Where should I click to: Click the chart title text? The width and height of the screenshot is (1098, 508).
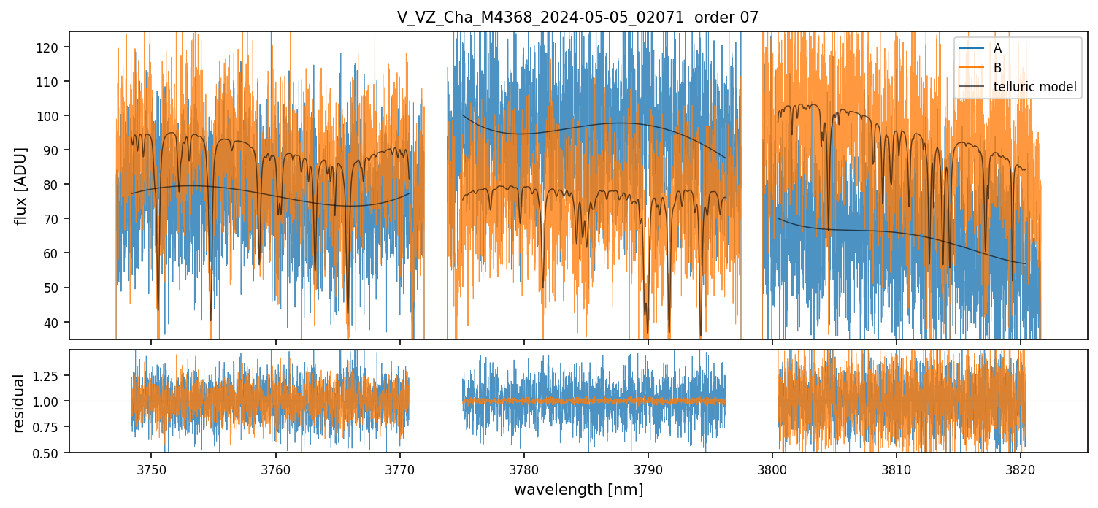click(x=577, y=18)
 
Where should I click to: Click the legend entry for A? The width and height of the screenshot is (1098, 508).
click(x=997, y=49)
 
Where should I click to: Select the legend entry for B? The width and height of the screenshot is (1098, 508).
click(x=997, y=68)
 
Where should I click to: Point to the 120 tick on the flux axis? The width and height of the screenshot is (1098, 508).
click(x=53, y=47)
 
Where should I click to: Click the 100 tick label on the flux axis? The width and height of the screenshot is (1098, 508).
click(x=53, y=116)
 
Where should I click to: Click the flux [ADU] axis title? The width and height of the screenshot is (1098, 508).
click(x=21, y=185)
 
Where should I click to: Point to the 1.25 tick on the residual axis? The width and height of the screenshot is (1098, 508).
click(x=50, y=375)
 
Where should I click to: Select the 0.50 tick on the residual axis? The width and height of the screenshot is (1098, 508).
click(x=50, y=453)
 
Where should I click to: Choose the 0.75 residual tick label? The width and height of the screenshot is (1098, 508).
click(x=50, y=428)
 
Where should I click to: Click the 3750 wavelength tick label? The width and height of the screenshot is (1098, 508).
click(x=152, y=469)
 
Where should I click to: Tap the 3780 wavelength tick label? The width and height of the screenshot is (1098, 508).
click(x=524, y=469)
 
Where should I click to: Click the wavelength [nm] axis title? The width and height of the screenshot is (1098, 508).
click(x=578, y=489)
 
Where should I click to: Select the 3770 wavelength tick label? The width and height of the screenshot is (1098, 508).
click(x=400, y=469)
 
